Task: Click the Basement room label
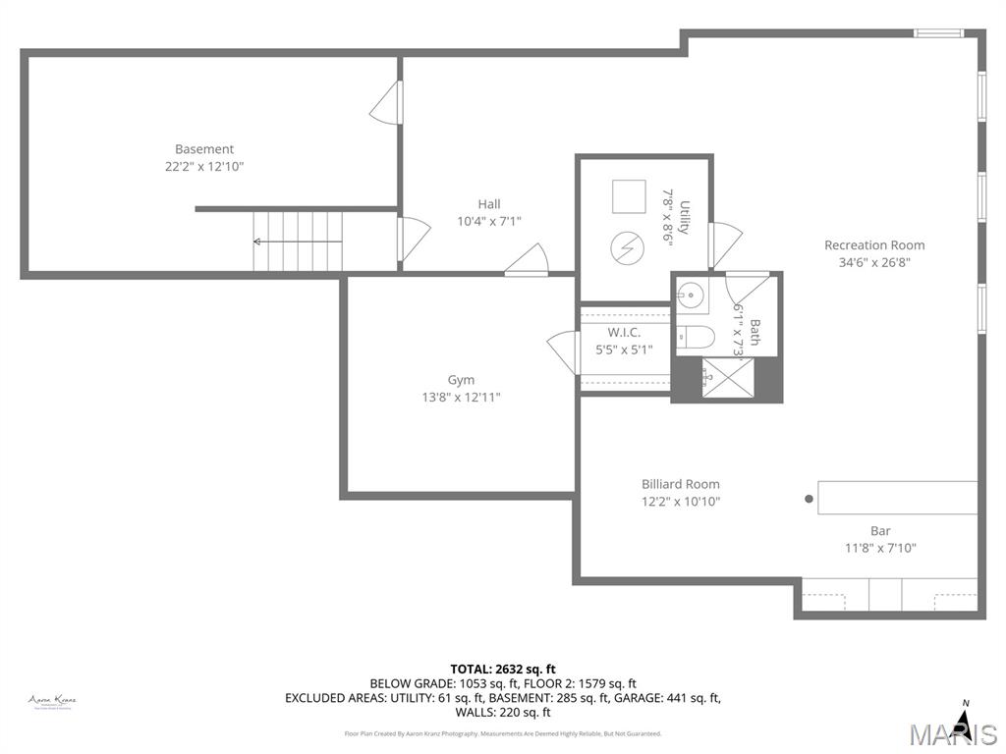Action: (x=204, y=149)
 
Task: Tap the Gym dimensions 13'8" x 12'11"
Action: (x=461, y=398)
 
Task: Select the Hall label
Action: (x=489, y=204)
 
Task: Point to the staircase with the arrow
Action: (x=298, y=242)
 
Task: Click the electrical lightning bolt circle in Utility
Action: (x=625, y=247)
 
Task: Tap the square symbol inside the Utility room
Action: (x=629, y=196)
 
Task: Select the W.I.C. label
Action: (x=624, y=333)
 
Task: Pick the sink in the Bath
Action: (x=692, y=294)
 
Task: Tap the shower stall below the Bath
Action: (x=727, y=379)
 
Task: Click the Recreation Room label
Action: (x=874, y=245)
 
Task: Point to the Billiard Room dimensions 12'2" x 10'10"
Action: (x=680, y=502)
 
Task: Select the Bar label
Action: (x=880, y=531)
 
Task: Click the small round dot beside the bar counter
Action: (x=809, y=499)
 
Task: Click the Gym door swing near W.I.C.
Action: (x=563, y=350)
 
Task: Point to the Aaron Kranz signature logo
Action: (x=52, y=701)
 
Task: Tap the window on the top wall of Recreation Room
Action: (x=938, y=33)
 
